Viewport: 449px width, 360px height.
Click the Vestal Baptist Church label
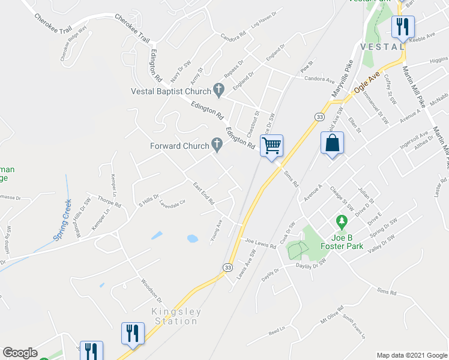170,91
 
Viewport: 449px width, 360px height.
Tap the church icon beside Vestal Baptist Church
219,91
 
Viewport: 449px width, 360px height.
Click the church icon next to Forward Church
217,145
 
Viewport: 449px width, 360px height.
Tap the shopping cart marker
272,145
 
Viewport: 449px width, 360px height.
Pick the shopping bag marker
332,144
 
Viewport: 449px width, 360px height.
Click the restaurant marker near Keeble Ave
402,26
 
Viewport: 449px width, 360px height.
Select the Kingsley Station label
174,316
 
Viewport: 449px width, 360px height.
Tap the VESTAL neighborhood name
382,46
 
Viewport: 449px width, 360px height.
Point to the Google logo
20,353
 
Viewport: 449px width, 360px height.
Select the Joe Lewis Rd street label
260,242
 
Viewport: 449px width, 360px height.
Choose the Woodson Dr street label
152,290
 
